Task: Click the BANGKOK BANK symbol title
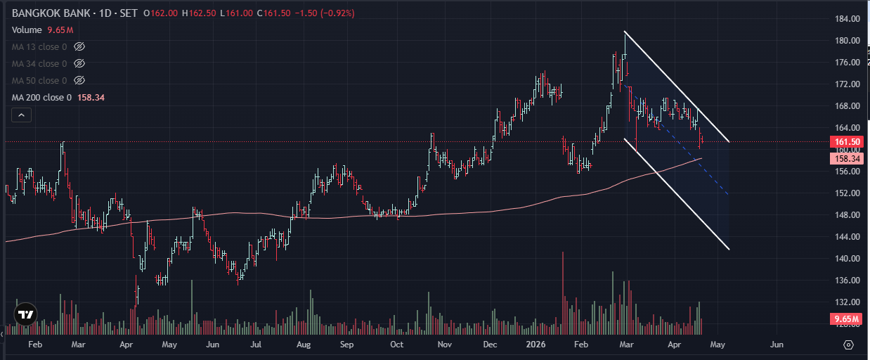click(x=51, y=13)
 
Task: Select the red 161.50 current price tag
click(x=846, y=142)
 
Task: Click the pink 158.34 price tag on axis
click(x=846, y=160)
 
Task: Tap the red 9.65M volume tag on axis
click(x=846, y=319)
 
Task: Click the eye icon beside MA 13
click(x=79, y=47)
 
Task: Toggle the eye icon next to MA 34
click(x=79, y=64)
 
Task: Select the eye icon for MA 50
click(x=79, y=81)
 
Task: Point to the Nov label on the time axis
click(x=444, y=345)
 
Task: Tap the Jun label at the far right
click(x=777, y=345)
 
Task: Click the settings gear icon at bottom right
click(x=848, y=345)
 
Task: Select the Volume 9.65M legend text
click(x=43, y=30)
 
